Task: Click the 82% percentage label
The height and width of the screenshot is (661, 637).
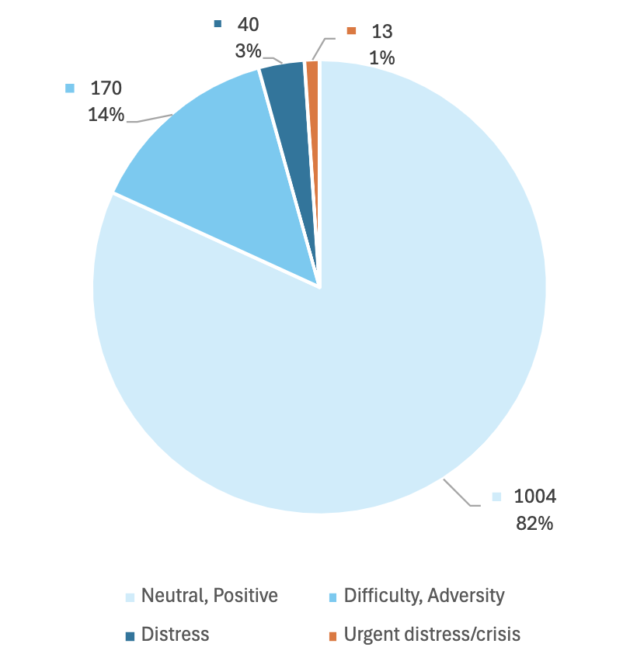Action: coord(534,524)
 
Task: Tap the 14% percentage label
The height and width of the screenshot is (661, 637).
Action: coord(106,115)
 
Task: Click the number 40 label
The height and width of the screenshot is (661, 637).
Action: coord(248,24)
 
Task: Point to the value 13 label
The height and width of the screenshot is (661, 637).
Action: coord(382,32)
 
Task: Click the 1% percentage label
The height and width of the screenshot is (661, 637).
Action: coord(382,57)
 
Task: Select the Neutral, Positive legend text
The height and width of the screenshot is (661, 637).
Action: coord(210,596)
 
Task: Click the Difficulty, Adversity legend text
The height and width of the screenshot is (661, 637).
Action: coord(424,596)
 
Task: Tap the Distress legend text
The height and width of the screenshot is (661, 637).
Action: coord(176,634)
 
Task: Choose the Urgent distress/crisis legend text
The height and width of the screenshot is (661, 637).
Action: coord(432,634)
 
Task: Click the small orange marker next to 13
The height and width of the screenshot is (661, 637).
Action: coord(351,31)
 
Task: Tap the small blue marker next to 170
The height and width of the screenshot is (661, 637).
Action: coord(70,88)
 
